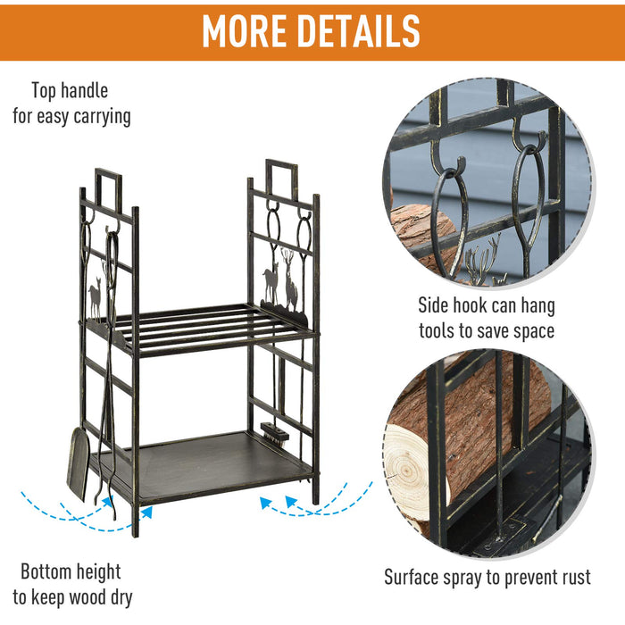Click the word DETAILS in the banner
[363, 31]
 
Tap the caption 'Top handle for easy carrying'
[71, 103]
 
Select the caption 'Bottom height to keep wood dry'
[71, 584]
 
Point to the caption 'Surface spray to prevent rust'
[487, 577]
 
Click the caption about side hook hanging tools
[487, 317]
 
